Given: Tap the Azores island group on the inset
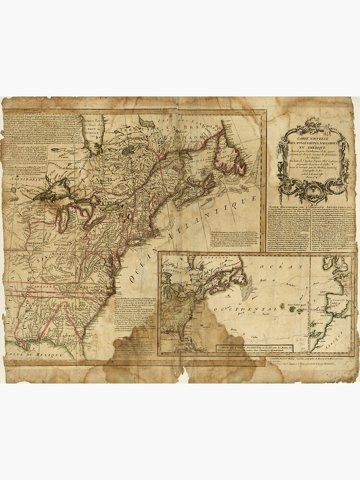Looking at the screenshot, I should tap(293, 308).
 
